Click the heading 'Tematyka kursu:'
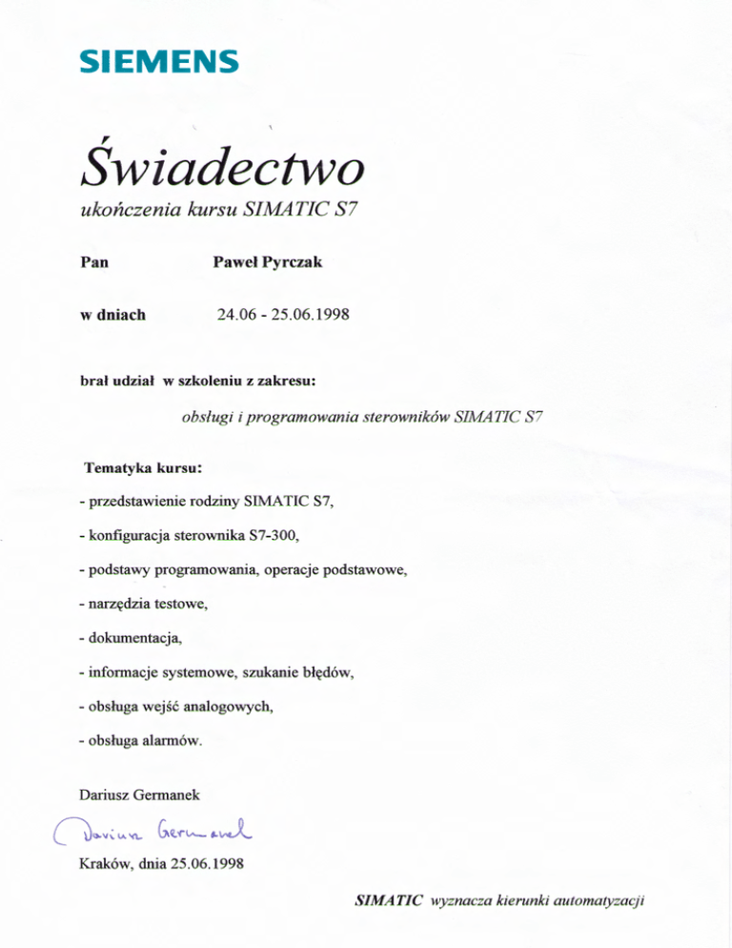pyautogui.click(x=144, y=468)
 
